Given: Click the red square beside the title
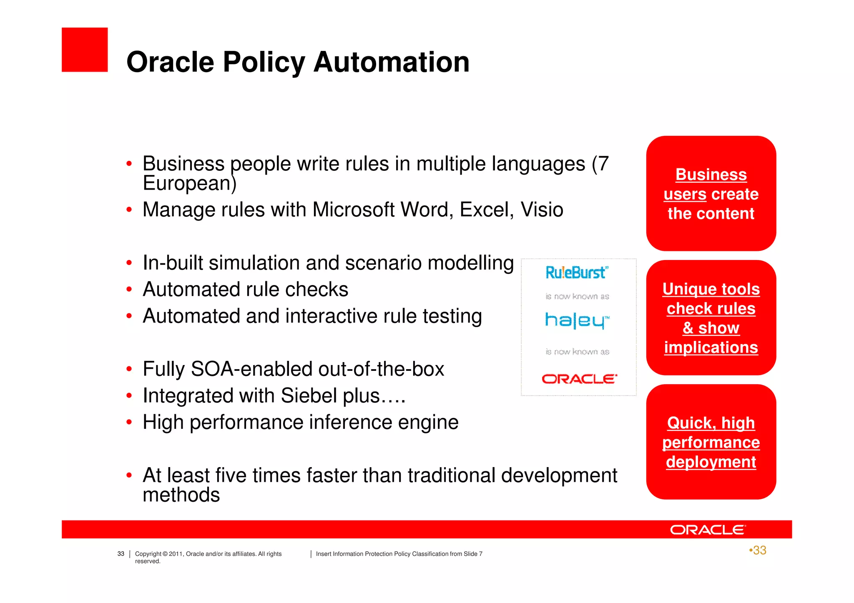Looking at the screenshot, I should (x=85, y=50).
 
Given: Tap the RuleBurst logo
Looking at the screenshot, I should (x=577, y=273).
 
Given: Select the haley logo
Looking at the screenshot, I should (x=577, y=320).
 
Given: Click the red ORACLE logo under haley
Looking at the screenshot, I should (x=579, y=379).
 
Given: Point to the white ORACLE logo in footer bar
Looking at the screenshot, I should (x=708, y=530).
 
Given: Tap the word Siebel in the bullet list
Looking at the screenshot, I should (x=309, y=395).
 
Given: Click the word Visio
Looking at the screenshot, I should (x=542, y=210).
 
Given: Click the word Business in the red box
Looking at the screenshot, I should (x=711, y=175).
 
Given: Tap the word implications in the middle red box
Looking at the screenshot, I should (x=711, y=348).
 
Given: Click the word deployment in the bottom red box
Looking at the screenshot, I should (x=711, y=462).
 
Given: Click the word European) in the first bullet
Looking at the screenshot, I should (x=190, y=183).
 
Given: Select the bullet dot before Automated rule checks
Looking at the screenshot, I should (x=129, y=290).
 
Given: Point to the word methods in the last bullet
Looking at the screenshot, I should (x=181, y=495).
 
